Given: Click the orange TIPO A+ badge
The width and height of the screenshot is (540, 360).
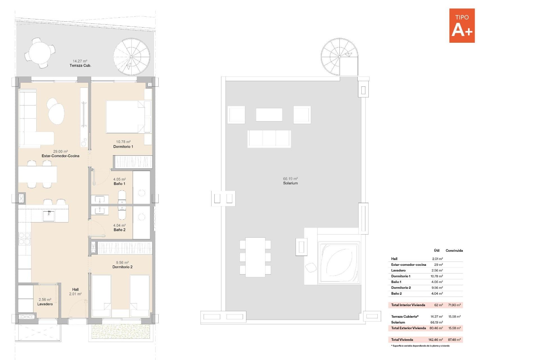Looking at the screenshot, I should point(462,26).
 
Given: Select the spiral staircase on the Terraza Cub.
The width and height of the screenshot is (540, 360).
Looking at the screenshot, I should point(131,57).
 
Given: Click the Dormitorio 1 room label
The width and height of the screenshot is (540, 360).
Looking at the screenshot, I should point(123,147).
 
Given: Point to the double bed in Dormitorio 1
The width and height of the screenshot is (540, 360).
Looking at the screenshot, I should point(125,117).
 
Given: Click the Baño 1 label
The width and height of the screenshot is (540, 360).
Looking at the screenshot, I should point(120,184).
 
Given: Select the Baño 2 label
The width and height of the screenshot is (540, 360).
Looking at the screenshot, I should point(120,230).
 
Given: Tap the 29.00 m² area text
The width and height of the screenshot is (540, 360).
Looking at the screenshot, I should point(60,151).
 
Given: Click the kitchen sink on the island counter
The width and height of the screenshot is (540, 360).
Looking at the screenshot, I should point(49,216).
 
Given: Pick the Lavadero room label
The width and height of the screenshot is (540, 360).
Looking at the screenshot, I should point(45,304).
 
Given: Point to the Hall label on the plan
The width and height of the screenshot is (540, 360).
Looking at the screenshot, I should point(75,289).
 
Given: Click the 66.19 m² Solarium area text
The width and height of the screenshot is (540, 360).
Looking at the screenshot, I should point(290,179).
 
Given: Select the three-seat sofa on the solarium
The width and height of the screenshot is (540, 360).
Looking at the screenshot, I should point(269,139).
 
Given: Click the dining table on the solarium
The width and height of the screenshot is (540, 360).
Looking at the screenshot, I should point(255,257).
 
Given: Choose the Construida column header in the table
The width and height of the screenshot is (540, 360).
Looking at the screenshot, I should point(454,251).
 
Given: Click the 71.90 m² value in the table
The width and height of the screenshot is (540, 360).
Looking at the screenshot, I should point(454,305).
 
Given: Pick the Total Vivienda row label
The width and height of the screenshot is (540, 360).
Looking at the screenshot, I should point(402,340).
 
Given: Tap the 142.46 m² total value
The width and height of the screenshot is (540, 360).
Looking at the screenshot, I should point(435,340).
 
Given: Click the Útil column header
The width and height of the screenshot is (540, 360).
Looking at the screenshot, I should point(436,251).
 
